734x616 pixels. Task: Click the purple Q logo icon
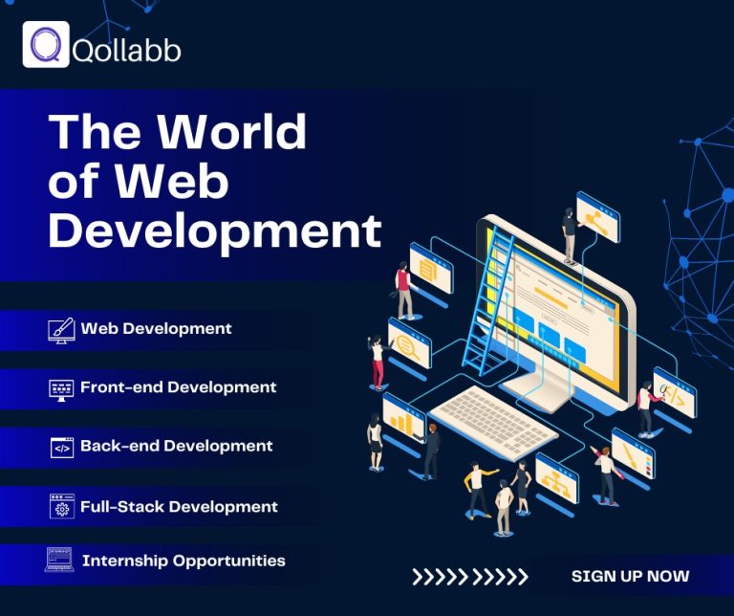(x=46, y=44)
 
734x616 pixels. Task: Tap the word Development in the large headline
(x=214, y=231)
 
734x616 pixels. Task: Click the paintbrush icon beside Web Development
(x=60, y=330)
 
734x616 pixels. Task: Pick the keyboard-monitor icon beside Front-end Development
(x=60, y=388)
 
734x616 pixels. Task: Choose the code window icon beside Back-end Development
(x=62, y=447)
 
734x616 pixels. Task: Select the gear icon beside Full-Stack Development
(x=62, y=507)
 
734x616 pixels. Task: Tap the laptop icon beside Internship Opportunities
(x=59, y=561)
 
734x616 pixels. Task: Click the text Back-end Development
(x=176, y=447)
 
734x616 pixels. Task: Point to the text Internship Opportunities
(x=183, y=561)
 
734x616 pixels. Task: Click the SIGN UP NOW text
(x=630, y=576)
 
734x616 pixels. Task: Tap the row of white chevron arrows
(x=469, y=577)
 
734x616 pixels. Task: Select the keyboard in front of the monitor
(x=492, y=421)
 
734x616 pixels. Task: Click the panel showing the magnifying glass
(x=410, y=341)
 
